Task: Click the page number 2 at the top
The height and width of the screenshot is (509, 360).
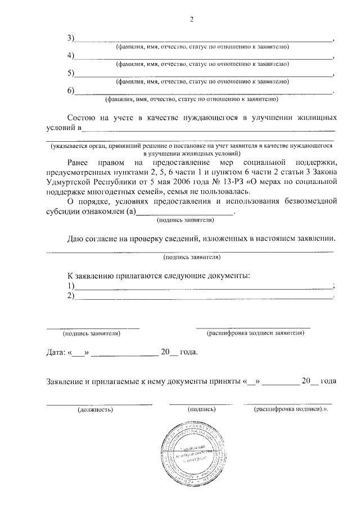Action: pos(191,21)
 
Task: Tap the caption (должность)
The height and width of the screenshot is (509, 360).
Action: pos(95,409)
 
